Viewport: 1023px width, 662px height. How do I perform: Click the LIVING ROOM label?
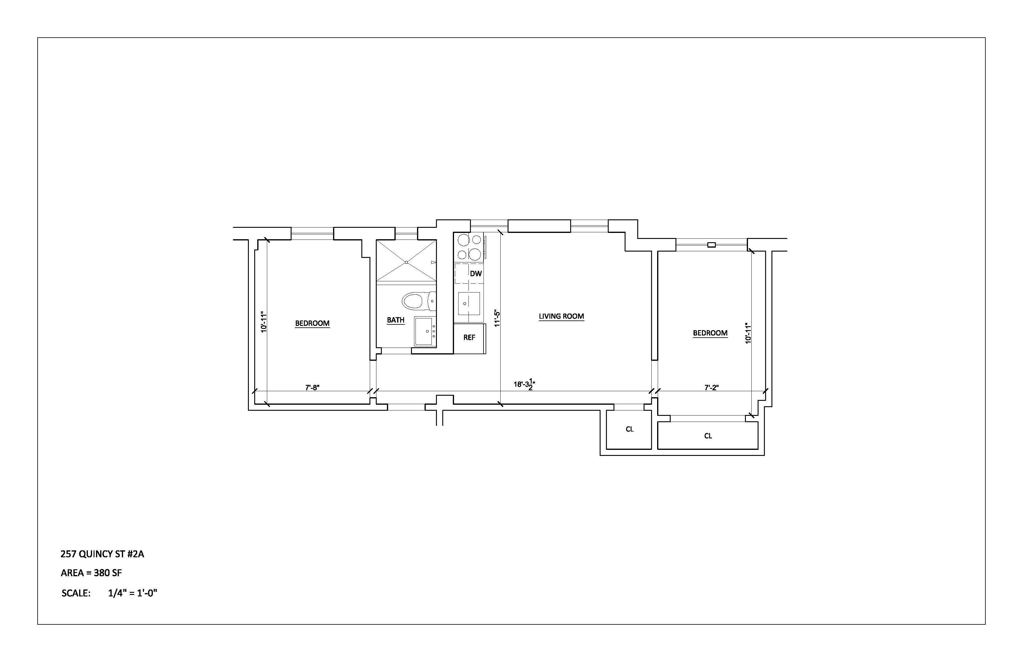[561, 316]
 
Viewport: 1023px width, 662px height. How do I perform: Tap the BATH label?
[395, 320]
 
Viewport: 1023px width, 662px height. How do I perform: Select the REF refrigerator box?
[469, 338]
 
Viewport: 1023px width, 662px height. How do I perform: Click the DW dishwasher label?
[476, 274]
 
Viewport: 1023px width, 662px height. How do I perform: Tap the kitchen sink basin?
[468, 304]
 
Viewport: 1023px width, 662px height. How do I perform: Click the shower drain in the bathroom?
[406, 262]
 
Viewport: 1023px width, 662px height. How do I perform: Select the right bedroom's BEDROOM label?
[710, 333]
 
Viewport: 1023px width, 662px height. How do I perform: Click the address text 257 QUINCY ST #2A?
[102, 554]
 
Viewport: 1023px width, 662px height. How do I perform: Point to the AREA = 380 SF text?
[91, 573]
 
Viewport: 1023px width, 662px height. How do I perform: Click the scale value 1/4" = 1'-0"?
[133, 593]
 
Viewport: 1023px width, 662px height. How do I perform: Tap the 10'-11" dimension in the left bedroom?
[264, 322]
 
